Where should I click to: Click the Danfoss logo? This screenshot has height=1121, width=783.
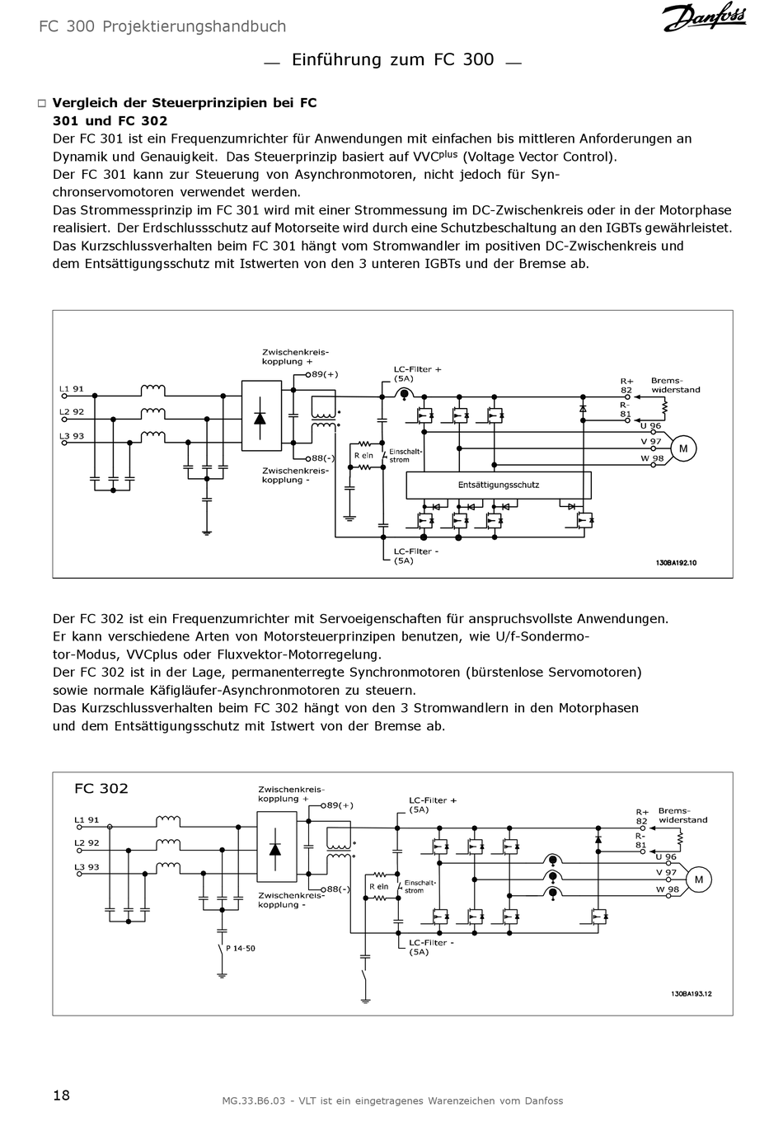click(x=704, y=17)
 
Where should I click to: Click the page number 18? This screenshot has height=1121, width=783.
click(x=61, y=1095)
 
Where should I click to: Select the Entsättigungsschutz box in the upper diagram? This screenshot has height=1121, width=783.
click(x=499, y=485)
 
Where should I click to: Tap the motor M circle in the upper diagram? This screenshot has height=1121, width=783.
click(x=682, y=448)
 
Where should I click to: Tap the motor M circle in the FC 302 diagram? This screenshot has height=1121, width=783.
click(x=699, y=880)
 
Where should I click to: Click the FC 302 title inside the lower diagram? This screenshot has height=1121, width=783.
click(x=101, y=789)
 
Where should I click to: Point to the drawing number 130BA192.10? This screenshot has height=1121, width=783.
click(x=676, y=563)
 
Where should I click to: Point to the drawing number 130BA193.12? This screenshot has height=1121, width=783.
click(x=691, y=994)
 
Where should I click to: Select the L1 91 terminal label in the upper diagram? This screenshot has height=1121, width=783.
click(x=72, y=389)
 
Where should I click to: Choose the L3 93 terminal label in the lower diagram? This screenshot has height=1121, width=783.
click(x=87, y=867)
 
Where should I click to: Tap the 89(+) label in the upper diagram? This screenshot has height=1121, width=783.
click(x=323, y=374)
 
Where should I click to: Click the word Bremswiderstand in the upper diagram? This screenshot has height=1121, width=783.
click(x=675, y=386)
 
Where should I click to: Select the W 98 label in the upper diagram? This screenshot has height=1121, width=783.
click(x=652, y=459)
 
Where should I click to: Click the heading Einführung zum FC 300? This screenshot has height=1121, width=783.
click(x=393, y=59)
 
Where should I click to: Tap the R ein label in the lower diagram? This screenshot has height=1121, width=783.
click(x=378, y=887)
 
